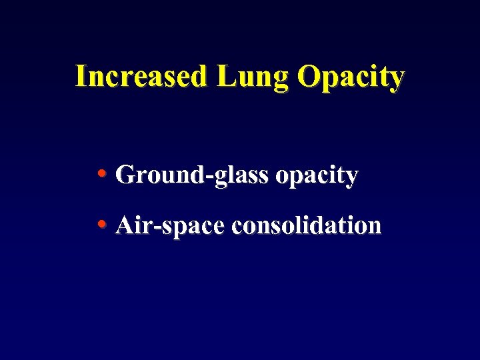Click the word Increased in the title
coord(141,77)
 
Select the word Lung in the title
coord(251,78)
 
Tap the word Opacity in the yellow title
coord(351,78)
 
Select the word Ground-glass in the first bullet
coord(192,176)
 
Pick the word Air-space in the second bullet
coord(169,227)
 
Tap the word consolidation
coord(306,225)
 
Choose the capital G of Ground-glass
coord(124,175)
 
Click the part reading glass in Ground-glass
coord(241,176)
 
